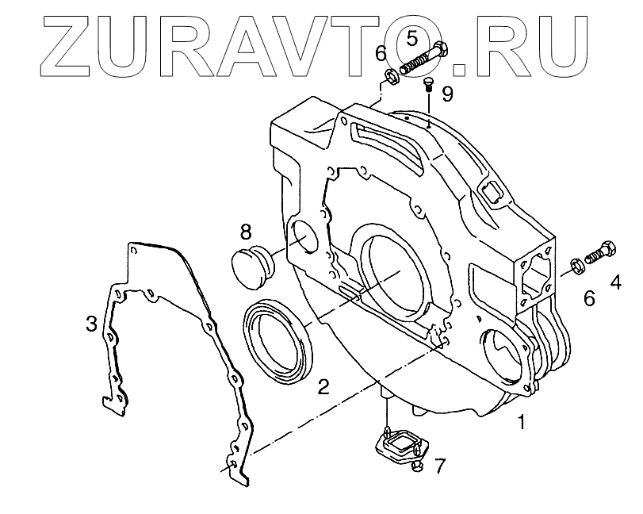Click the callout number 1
click(x=521, y=423)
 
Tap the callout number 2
click(x=323, y=386)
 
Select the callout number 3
click(x=92, y=323)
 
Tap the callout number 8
click(x=246, y=232)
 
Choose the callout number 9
click(x=448, y=94)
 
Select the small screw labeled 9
click(x=427, y=84)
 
